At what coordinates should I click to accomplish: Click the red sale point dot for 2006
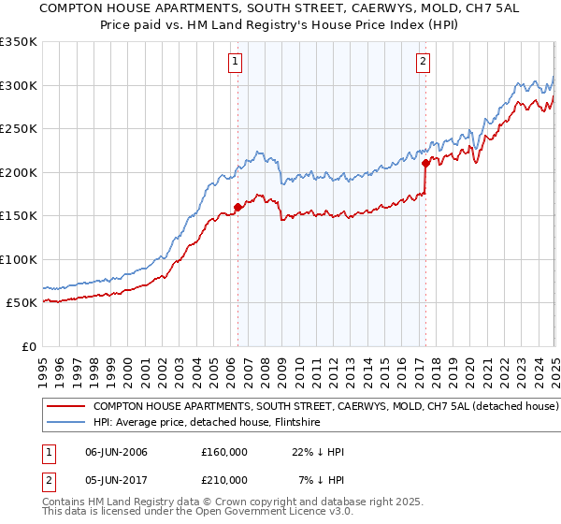pos(237,208)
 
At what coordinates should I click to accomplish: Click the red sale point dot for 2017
pos(425,164)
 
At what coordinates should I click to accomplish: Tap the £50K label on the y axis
pos(21,303)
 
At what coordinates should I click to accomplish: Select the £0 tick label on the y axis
pos(29,346)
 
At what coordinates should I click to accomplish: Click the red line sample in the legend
pos(65,407)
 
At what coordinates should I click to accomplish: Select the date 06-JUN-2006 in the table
pos(116,452)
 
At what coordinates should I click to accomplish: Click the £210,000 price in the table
pos(224,479)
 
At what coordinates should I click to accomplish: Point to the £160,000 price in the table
pos(224,452)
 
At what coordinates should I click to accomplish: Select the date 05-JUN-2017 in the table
pos(116,479)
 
